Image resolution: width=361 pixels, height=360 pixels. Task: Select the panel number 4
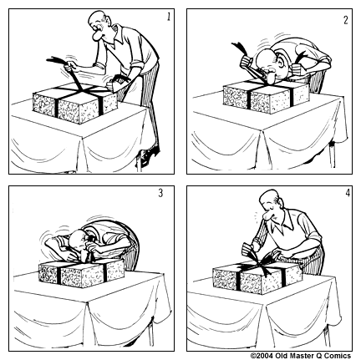pyautogui.click(x=344, y=195)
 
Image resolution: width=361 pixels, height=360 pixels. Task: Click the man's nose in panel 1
pyautogui.click(x=98, y=38)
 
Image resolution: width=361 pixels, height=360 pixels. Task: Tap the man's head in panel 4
pyautogui.click(x=268, y=207)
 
